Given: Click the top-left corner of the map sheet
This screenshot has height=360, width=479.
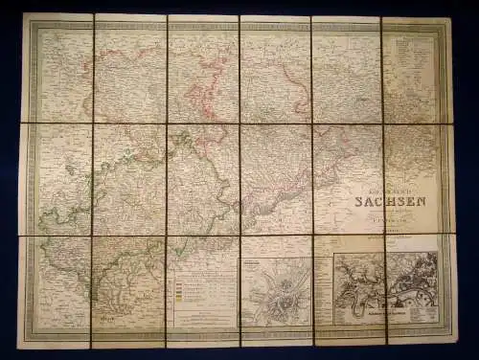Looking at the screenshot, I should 23,14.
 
